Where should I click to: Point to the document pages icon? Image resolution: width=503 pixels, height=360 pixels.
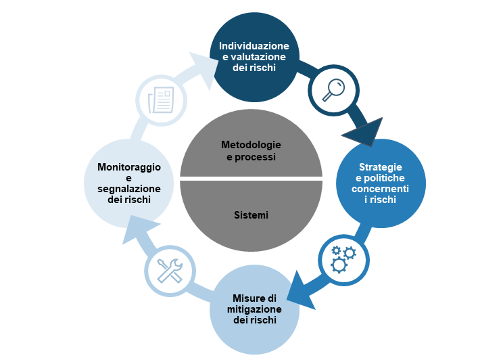pos(160,99)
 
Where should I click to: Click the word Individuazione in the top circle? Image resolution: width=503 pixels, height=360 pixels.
pos(254,46)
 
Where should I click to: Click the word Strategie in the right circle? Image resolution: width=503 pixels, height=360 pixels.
pos(381,166)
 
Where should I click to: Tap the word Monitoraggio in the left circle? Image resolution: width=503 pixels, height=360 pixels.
pos(129,166)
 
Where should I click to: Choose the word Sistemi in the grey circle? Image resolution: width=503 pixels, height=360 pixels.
pos(251,215)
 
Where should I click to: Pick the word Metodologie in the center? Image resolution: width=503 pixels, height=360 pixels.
pos(251,145)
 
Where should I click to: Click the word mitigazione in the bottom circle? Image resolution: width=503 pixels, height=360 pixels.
pos(252,309)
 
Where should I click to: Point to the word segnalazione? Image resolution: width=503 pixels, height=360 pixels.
pos(129,189)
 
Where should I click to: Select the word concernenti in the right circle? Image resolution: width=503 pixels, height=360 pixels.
pos(381,188)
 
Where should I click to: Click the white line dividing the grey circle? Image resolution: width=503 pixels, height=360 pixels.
pos(251,179)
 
